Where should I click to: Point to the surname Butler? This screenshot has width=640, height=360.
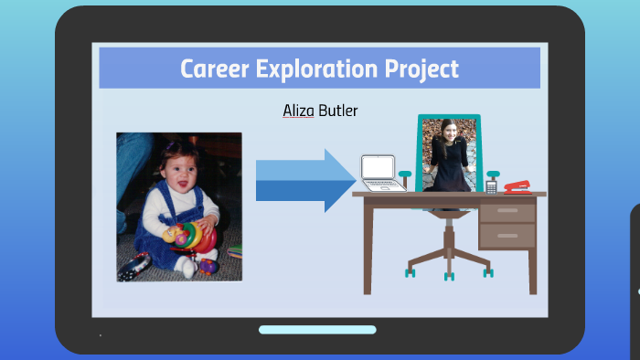coord(337,111)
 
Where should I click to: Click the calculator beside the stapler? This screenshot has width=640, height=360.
coord(492,185)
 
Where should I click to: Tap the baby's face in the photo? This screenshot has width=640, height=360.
coord(178,170)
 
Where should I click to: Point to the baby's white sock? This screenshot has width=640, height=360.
coord(187,268)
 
